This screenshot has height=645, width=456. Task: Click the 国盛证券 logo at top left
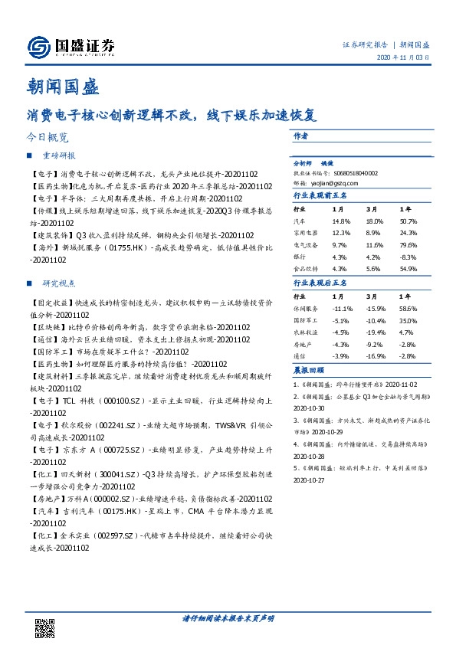tap(71, 47)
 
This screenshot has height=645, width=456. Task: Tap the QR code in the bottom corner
tap(46, 627)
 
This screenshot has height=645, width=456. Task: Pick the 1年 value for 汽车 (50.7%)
tap(408, 220)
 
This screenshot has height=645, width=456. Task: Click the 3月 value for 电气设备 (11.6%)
tap(373, 244)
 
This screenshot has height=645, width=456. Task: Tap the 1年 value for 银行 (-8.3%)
tap(408, 256)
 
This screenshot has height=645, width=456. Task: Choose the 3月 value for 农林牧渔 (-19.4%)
tap(375, 332)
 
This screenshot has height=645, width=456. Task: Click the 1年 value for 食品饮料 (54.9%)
tap(408, 268)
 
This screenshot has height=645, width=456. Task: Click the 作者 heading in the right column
tap(300, 135)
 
